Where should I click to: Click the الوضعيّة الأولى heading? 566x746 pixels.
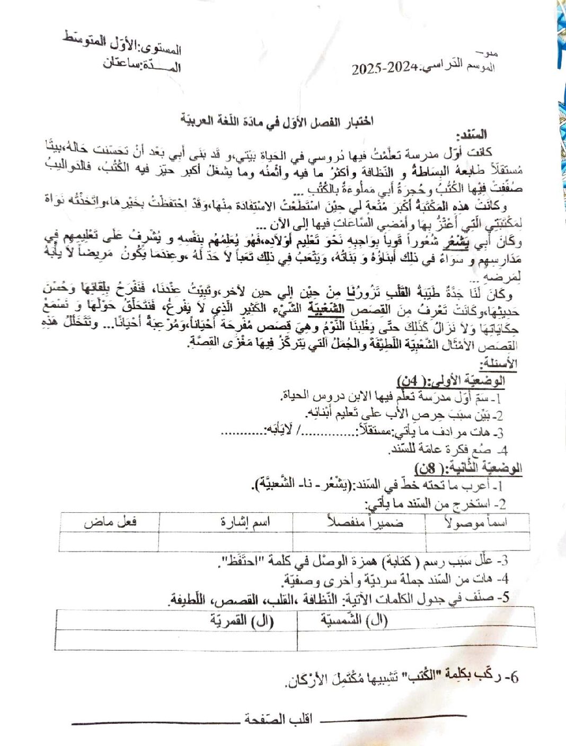click(x=450, y=381)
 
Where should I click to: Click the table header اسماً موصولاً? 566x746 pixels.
click(x=477, y=522)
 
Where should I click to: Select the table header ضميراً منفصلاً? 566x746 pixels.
click(x=365, y=522)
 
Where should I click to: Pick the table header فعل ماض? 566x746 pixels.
click(x=110, y=522)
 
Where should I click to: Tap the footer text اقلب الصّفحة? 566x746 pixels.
click(x=278, y=719)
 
